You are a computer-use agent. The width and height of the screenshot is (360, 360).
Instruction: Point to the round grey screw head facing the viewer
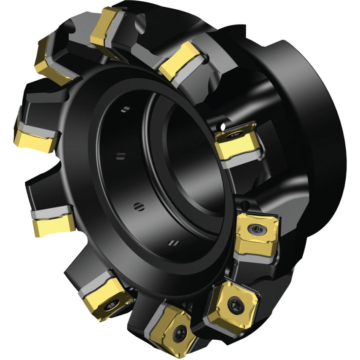pyautogui.click(x=257, y=229)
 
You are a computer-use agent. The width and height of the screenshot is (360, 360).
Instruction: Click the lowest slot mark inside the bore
pyautogui.click(x=173, y=242)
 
